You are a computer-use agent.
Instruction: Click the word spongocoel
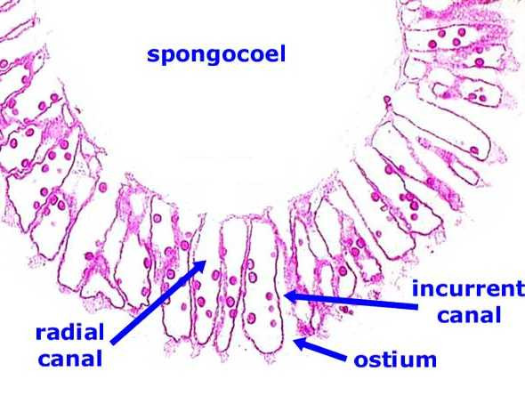(216, 55)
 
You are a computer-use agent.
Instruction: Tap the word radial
(70, 333)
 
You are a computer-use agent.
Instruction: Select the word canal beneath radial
(70, 358)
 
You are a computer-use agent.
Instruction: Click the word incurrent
(468, 288)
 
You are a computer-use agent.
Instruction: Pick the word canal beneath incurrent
(469, 315)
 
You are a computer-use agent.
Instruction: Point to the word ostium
(395, 360)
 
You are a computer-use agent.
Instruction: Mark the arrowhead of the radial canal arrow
(199, 267)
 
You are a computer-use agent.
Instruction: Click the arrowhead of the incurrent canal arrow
(291, 296)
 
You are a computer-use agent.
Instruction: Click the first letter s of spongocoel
(153, 55)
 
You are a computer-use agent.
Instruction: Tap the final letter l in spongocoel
(283, 54)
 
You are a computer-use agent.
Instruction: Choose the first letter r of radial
(41, 334)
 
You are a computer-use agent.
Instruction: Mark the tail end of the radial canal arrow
(112, 343)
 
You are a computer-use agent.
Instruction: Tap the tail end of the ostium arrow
(346, 359)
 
